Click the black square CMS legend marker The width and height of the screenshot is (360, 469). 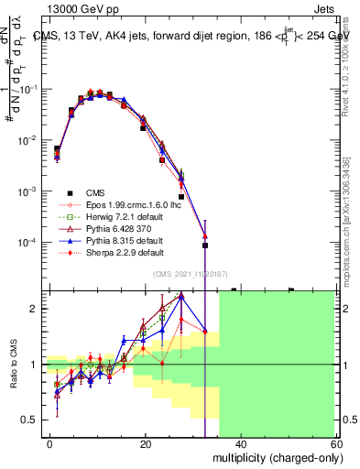tap(69, 192)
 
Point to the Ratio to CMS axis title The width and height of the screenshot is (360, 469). tap(14, 365)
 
